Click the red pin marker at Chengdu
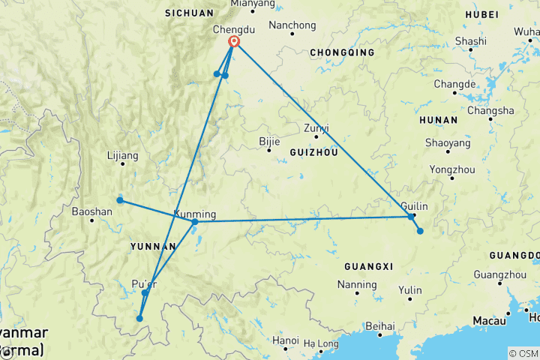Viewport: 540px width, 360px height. click(x=234, y=42)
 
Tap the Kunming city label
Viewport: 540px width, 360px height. click(x=195, y=213)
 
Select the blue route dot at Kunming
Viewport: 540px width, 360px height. click(x=195, y=222)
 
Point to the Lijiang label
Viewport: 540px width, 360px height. click(x=123, y=156)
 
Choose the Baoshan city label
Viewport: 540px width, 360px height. click(x=92, y=211)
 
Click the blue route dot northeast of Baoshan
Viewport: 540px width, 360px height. click(x=120, y=200)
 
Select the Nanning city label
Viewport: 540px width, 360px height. click(x=357, y=284)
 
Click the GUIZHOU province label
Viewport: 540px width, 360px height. click(x=313, y=151)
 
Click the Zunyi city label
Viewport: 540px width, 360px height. click(x=316, y=127)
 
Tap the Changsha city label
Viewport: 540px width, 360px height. click(x=490, y=110)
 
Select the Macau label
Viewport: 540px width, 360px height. click(x=488, y=321)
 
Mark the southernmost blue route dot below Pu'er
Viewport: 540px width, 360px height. click(x=139, y=319)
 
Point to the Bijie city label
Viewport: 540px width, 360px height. click(x=269, y=140)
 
